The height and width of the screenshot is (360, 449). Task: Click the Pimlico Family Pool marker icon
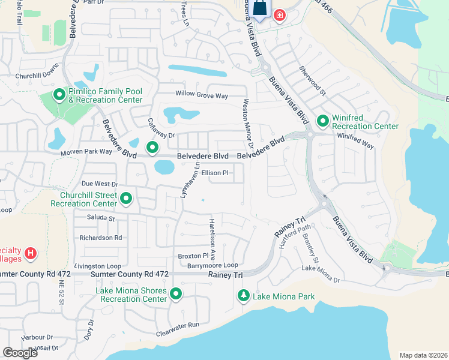click(59, 95)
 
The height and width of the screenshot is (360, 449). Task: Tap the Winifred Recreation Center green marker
click(322, 122)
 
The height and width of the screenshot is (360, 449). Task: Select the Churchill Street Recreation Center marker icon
click(126, 199)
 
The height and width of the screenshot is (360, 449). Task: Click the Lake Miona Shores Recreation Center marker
click(176, 294)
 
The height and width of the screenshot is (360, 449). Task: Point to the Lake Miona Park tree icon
click(244, 295)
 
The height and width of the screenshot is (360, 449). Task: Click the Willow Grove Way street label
click(202, 95)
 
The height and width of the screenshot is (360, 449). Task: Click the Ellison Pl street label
click(215, 173)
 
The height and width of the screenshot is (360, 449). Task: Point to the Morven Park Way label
click(86, 152)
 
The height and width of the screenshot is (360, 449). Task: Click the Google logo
click(20, 353)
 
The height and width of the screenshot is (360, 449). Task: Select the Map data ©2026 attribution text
click(422, 355)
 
